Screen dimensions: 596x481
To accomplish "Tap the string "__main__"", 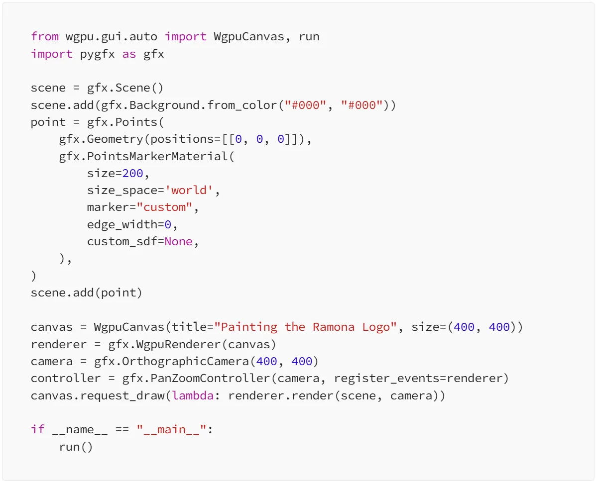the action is [171, 429].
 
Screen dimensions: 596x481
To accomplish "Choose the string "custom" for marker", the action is [164, 207].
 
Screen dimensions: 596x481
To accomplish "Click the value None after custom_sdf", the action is [178, 241].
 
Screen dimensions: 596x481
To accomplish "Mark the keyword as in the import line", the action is [129, 54].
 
